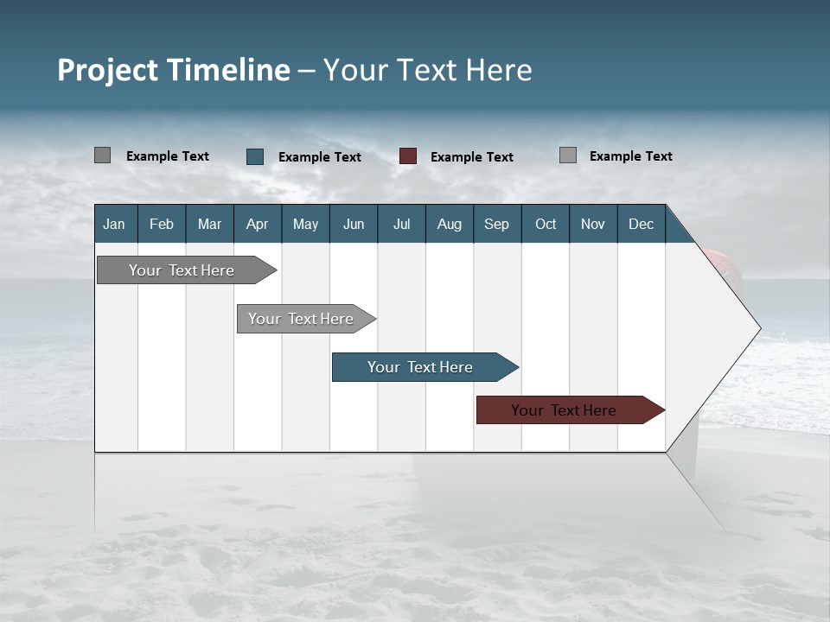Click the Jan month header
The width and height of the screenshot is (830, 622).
(x=114, y=224)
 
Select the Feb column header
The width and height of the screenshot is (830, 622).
(x=162, y=224)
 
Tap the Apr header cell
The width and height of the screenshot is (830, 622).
(x=257, y=224)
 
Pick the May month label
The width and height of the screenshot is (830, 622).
(x=305, y=224)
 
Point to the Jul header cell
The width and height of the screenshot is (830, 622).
(x=401, y=224)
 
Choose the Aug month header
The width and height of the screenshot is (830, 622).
(x=449, y=224)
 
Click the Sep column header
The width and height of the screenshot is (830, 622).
(x=496, y=224)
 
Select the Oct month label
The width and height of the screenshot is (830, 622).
(x=546, y=224)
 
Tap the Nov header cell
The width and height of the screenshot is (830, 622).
(x=593, y=224)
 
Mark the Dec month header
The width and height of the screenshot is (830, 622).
(x=641, y=224)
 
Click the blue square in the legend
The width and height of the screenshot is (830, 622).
(x=255, y=156)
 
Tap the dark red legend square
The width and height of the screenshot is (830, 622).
(x=408, y=156)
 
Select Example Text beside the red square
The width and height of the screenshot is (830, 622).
(x=471, y=157)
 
